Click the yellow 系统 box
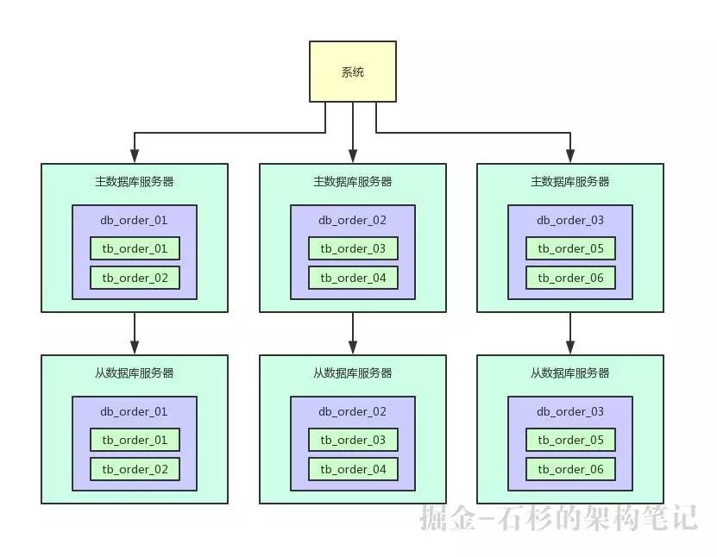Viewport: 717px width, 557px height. click(x=353, y=72)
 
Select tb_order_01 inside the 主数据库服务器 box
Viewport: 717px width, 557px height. click(x=135, y=249)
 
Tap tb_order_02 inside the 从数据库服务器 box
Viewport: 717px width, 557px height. click(x=135, y=469)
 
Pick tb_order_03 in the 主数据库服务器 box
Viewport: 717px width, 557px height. click(x=353, y=249)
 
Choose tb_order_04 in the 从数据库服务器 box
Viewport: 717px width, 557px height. click(x=353, y=469)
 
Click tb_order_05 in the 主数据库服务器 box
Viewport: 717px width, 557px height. click(x=570, y=249)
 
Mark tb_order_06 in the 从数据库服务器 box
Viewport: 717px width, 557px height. click(x=570, y=469)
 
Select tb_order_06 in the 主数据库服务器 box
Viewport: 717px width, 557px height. click(x=570, y=278)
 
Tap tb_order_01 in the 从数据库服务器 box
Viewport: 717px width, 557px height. click(x=135, y=441)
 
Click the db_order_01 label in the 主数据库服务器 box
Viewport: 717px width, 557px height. click(x=135, y=220)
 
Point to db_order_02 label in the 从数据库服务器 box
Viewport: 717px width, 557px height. click(x=353, y=411)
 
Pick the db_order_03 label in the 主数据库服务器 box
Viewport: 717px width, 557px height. click(x=570, y=220)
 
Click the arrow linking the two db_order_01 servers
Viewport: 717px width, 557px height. click(x=135, y=333)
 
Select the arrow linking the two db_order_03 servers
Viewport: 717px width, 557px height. click(x=570, y=333)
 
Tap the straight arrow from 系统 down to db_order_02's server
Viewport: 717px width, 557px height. click(x=353, y=129)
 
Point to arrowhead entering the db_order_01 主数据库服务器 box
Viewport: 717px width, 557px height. click(x=135, y=156)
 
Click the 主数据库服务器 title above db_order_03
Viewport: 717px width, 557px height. click(x=570, y=182)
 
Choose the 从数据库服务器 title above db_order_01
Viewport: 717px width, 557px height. click(x=135, y=373)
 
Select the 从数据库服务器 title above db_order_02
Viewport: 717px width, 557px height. click(x=353, y=373)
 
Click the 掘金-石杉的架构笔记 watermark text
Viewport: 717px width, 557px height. click(x=559, y=517)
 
